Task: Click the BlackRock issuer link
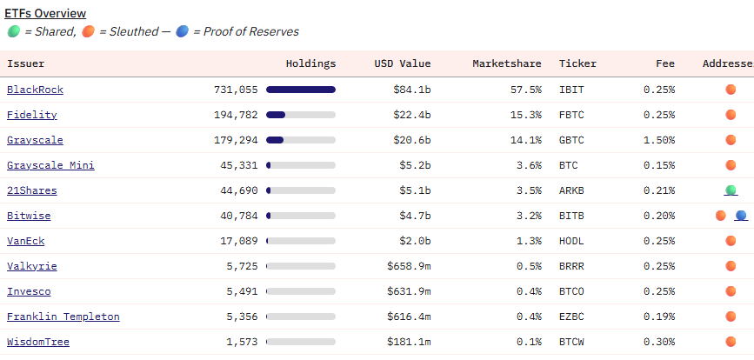pyautogui.click(x=35, y=90)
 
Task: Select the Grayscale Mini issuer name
pyautogui.click(x=50, y=165)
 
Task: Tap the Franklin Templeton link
pyautogui.click(x=63, y=317)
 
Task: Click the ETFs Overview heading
pyautogui.click(x=45, y=14)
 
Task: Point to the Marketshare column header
pyautogui.click(x=506, y=63)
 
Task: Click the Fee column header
pyautogui.click(x=665, y=63)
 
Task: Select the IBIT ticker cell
pyautogui.click(x=572, y=90)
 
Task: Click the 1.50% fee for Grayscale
pyautogui.click(x=658, y=140)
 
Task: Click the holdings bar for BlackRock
pyautogui.click(x=300, y=90)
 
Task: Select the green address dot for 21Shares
pyautogui.click(x=731, y=190)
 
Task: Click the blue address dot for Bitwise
pyautogui.click(x=741, y=216)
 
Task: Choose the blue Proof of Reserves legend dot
pyautogui.click(x=181, y=31)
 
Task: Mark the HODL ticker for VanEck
pyautogui.click(x=572, y=241)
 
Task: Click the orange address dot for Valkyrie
pyautogui.click(x=731, y=266)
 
